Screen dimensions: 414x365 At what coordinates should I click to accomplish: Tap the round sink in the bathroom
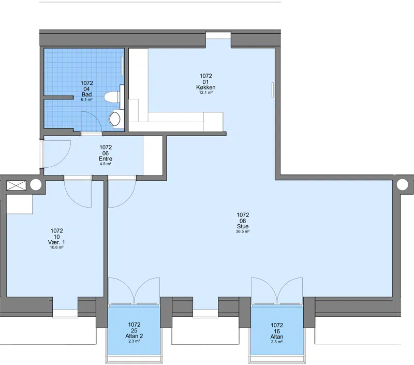[x=114, y=119]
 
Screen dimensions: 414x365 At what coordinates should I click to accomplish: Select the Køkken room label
[x=205, y=87]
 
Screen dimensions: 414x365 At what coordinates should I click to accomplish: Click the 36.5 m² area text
[x=243, y=231]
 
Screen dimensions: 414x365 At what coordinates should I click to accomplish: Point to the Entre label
[x=106, y=159]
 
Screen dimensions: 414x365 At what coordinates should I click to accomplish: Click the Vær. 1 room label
[x=56, y=242]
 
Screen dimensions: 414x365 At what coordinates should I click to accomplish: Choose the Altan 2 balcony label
[x=134, y=336]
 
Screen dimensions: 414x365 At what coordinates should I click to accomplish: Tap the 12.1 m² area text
[x=205, y=93]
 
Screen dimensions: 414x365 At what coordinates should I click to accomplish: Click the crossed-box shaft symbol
[x=16, y=185]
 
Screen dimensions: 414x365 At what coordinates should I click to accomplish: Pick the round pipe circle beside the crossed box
[x=36, y=185]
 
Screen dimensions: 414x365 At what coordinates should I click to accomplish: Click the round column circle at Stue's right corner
[x=403, y=184]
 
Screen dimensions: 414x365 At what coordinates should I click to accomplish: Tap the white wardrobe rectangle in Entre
[x=153, y=155]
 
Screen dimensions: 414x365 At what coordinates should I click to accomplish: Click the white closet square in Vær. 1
[x=19, y=204]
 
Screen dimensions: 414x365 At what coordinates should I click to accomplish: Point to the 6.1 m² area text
[x=86, y=99]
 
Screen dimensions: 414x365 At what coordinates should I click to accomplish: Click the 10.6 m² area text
[x=56, y=247]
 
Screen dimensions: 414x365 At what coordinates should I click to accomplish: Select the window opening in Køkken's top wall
[x=218, y=35]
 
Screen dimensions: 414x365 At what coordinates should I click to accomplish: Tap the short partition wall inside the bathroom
[x=58, y=98]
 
